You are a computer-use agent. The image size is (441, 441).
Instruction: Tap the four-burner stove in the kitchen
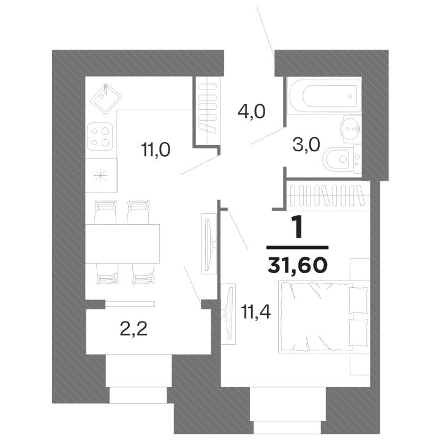pyautogui.click(x=101, y=136)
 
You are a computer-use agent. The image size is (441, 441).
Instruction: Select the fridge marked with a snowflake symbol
pyautogui.click(x=100, y=173)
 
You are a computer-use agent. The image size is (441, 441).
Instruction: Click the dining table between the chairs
pyautogui.click(x=123, y=243)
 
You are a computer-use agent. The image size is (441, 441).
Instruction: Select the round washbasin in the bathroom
pyautogui.click(x=351, y=129)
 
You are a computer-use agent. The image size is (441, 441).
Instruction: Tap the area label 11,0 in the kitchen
pyautogui.click(x=153, y=149)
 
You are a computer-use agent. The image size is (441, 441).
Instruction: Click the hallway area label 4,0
pyautogui.click(x=251, y=113)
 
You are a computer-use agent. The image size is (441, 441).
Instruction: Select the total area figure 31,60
pyautogui.click(x=298, y=265)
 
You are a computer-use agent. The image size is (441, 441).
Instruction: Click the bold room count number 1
pyautogui.click(x=298, y=228)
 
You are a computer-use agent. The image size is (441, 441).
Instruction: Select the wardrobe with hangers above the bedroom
pyautogui.click(x=330, y=196)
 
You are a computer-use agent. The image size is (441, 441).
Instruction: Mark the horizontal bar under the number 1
pyautogui.click(x=298, y=247)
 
